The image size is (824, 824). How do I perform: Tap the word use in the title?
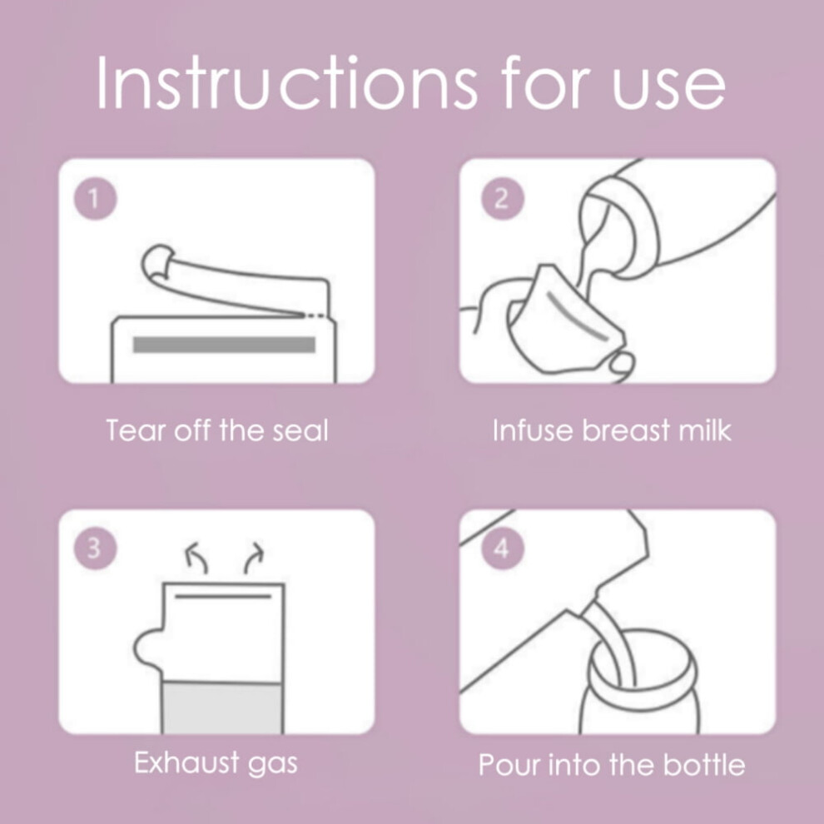coord(668,87)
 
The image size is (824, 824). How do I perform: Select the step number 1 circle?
coord(95,199)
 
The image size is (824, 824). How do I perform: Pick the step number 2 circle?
coord(503,199)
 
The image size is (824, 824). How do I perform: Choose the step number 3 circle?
coord(95,549)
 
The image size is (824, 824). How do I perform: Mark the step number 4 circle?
coord(503,549)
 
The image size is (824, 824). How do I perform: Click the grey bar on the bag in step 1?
coord(225,345)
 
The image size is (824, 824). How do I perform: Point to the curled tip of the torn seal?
coord(156,261)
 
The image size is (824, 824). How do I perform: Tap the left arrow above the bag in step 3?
coord(197,558)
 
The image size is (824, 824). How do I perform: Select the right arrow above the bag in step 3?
coord(253,558)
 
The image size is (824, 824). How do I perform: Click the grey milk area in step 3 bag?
coord(223,707)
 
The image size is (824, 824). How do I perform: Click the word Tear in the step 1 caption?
coord(137,430)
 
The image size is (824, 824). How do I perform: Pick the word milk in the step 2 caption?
coord(705,430)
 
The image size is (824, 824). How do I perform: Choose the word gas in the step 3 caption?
coord(273,765)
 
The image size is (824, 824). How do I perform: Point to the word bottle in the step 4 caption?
coord(704,765)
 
